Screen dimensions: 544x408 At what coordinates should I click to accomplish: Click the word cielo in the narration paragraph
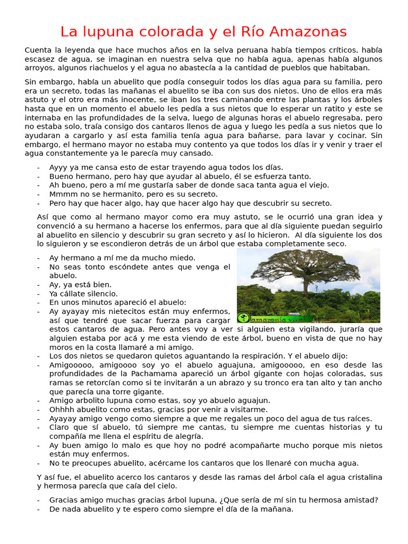click(167, 486)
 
